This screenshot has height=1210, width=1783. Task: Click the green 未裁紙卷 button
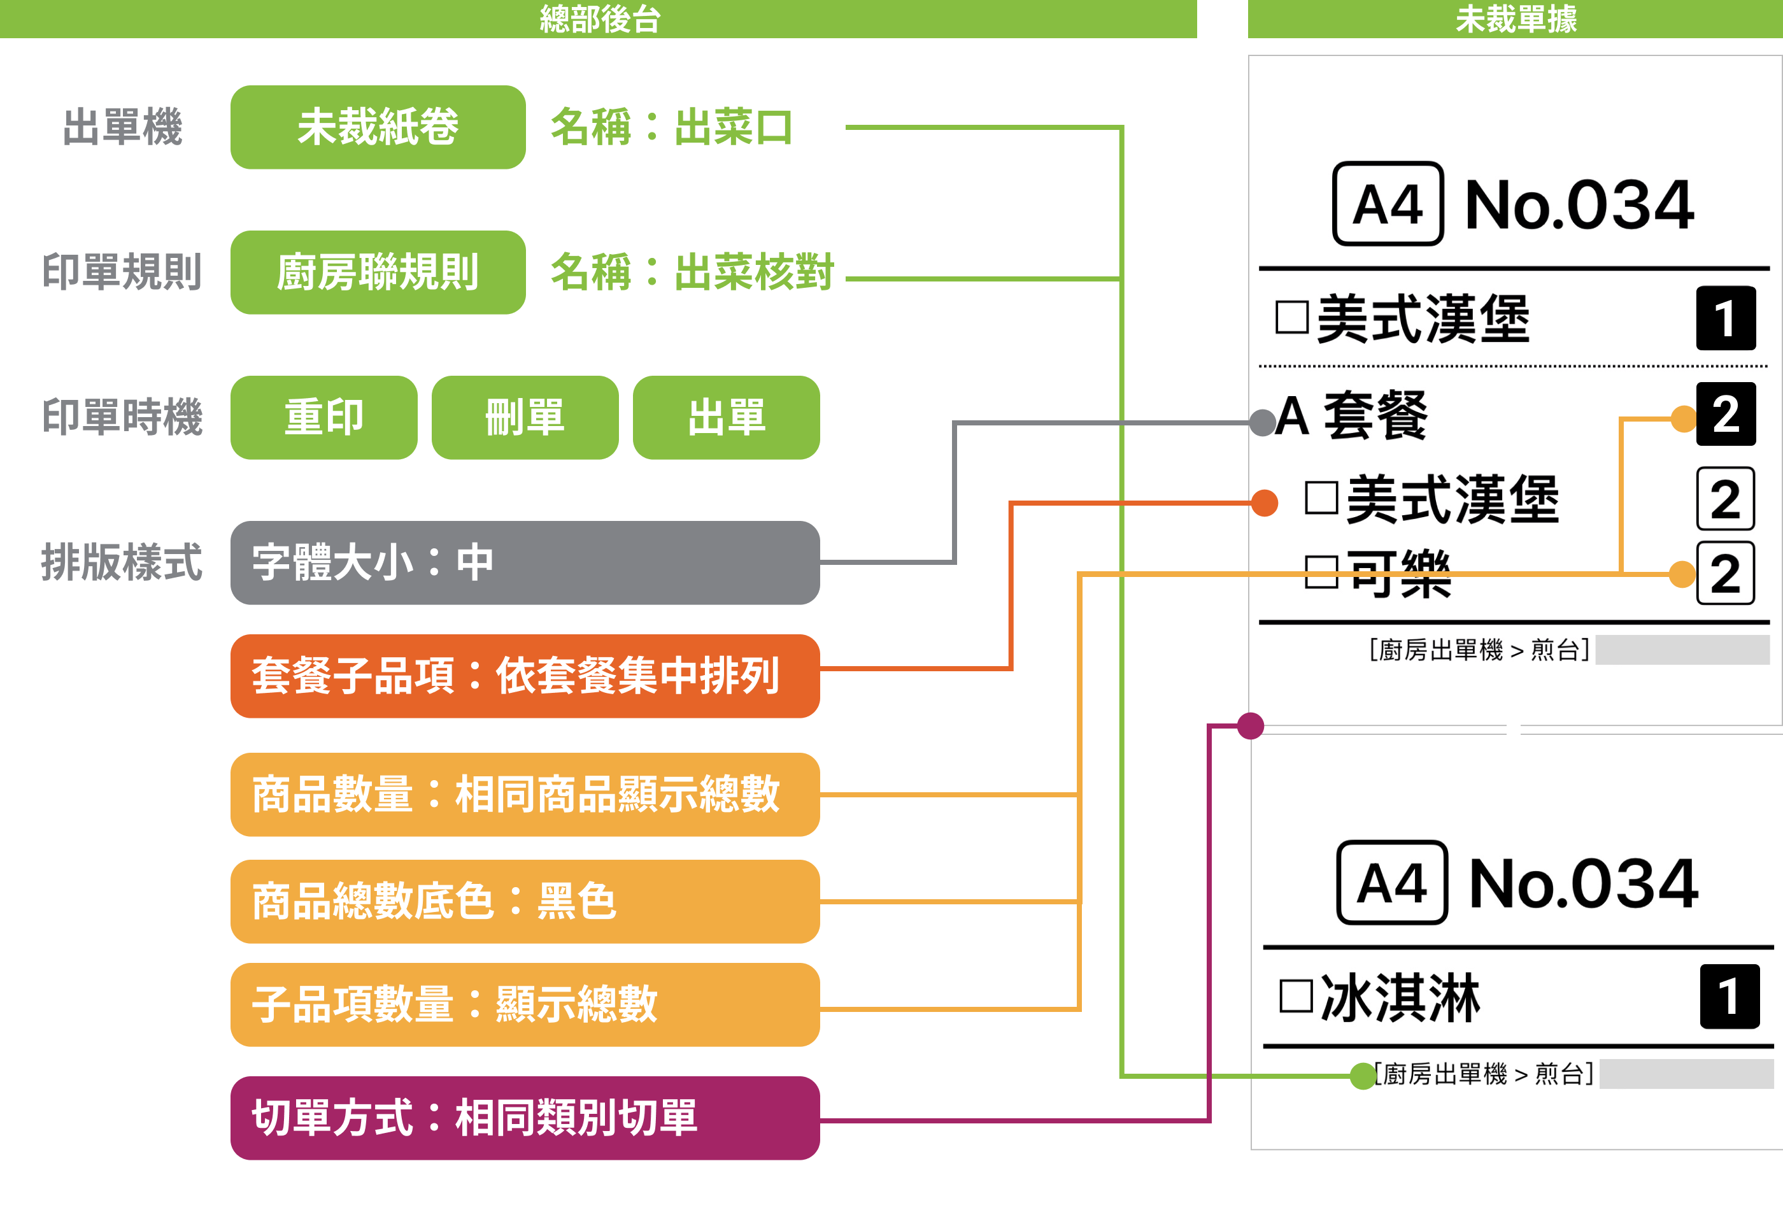[x=378, y=127]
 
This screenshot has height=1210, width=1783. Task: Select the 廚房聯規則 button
[x=378, y=273]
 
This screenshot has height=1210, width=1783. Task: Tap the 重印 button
[x=323, y=417]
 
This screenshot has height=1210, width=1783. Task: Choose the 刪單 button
[x=525, y=417]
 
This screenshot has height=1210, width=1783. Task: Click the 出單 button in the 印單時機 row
[x=726, y=417]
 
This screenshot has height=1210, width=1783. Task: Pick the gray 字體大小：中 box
[x=525, y=562]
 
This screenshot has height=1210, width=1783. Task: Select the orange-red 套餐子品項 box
[x=525, y=676]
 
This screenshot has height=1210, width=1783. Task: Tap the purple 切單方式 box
[x=525, y=1117]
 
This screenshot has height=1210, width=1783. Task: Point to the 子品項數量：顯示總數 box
[x=525, y=1004]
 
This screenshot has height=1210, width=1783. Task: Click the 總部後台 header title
[x=600, y=18]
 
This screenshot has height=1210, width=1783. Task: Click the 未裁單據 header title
[x=1516, y=18]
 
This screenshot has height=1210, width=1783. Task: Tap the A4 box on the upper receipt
[x=1388, y=204]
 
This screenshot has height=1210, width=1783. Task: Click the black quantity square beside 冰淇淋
[x=1730, y=996]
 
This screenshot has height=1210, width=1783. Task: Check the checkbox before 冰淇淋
[x=1296, y=996]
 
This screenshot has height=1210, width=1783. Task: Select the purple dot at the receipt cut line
[x=1251, y=725]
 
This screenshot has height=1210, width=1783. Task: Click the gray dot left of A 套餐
[x=1263, y=422]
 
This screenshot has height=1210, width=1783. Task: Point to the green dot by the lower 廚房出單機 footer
[x=1363, y=1076]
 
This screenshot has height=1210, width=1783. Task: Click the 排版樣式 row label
[x=121, y=562]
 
